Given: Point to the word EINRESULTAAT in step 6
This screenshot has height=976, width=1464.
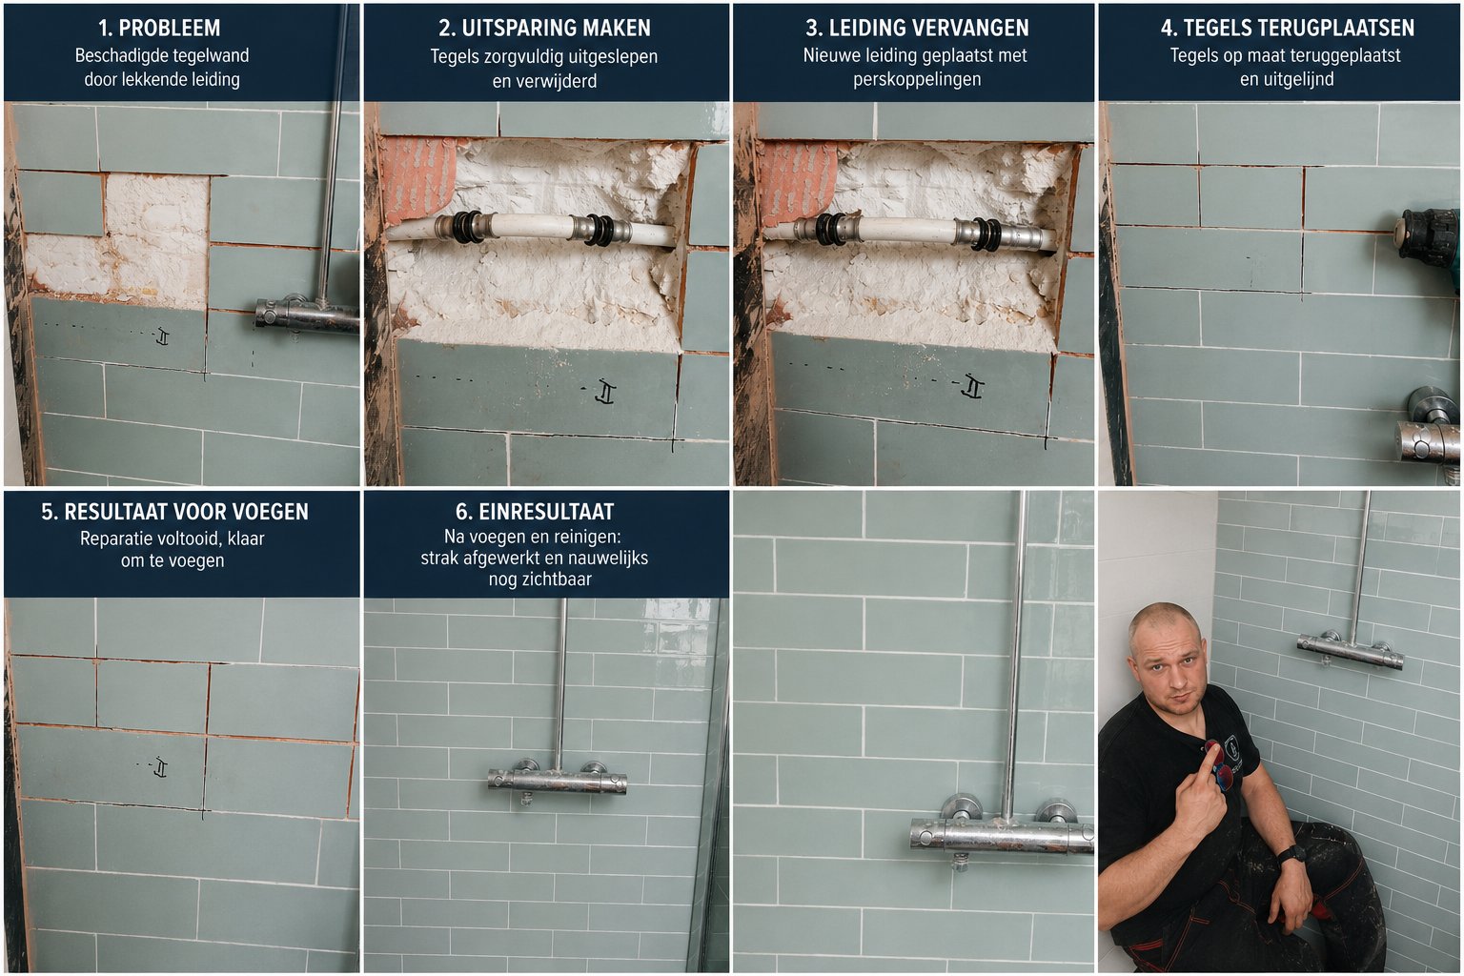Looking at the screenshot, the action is click(546, 511).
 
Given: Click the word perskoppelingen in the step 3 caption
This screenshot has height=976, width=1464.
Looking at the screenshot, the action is click(917, 80).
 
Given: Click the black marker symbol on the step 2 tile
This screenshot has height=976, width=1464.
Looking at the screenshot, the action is click(606, 392).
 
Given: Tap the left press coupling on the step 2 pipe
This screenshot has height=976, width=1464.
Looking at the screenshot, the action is click(467, 227).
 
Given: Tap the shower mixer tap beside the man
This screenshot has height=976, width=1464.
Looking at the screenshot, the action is click(1351, 649).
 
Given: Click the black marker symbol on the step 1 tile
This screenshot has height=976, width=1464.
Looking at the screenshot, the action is click(162, 336).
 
